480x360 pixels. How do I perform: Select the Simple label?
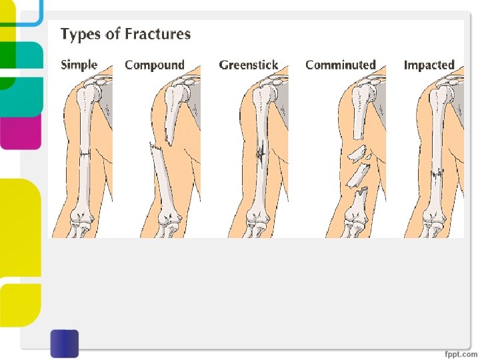pos(79,65)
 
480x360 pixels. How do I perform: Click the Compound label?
pos(154,65)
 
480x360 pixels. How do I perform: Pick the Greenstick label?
pos(248,65)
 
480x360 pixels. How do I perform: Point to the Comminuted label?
pos(341,65)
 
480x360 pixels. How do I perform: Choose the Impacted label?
pos(429,65)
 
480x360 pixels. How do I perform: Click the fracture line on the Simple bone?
pos(85,154)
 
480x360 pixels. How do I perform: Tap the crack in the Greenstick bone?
pos(261,154)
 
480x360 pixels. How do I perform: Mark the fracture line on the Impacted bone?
pos(437,174)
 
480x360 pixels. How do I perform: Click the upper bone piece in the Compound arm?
pos(172,110)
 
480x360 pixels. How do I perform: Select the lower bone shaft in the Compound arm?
pos(164,180)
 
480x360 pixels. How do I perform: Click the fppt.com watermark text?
pos(461,353)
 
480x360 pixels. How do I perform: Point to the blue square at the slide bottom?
pos(64,343)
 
